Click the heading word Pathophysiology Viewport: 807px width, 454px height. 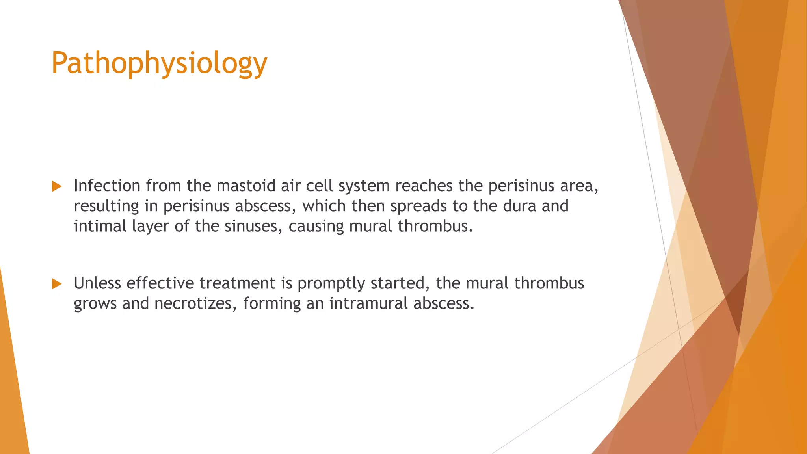(159, 63)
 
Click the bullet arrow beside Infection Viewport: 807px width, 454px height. (57, 186)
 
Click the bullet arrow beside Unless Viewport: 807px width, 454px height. (57, 284)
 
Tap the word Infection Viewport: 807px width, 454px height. (107, 186)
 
